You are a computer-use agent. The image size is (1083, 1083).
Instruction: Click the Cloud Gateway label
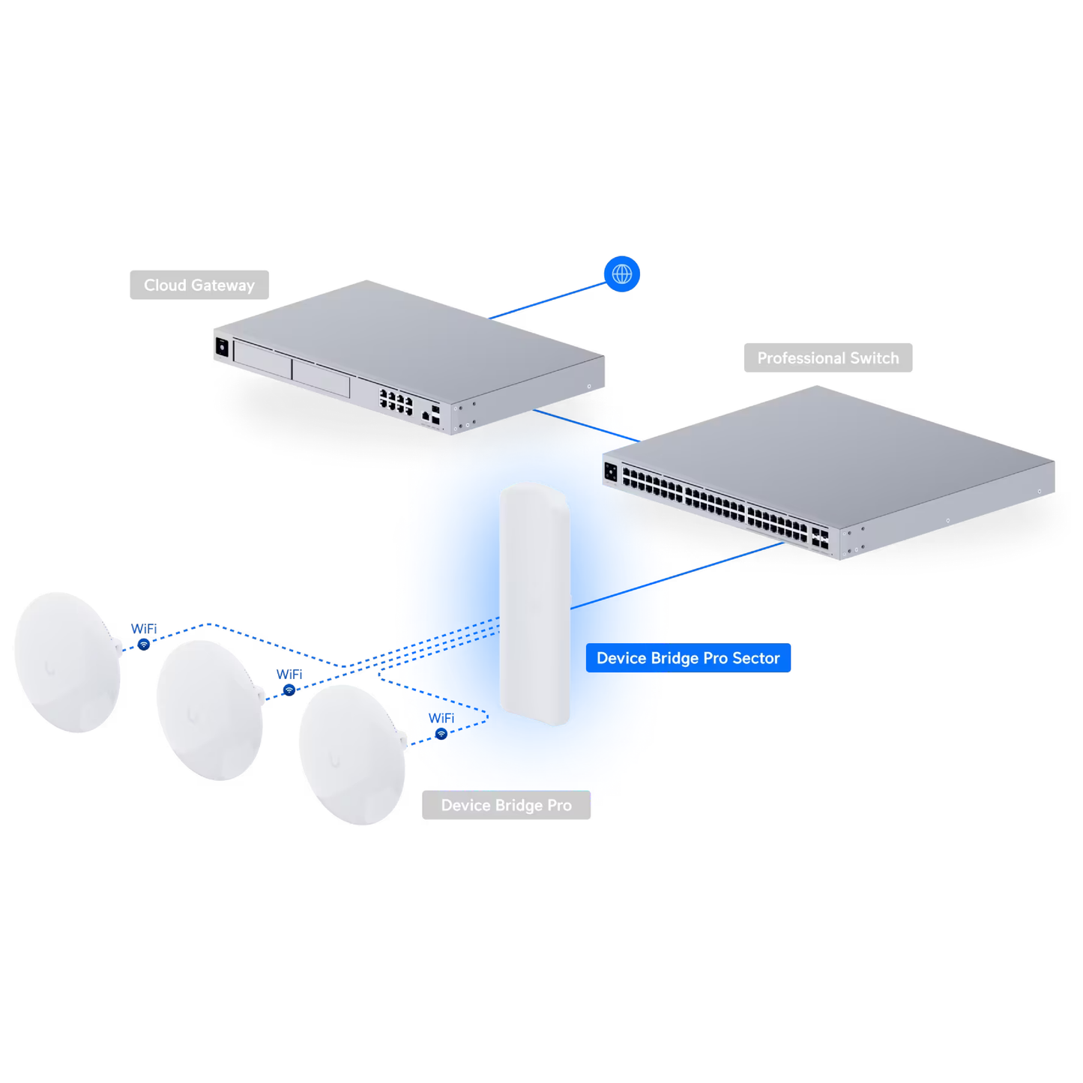(x=199, y=285)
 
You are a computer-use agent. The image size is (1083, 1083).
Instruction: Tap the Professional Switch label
(x=827, y=358)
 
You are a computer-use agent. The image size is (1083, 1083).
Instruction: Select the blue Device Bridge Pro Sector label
(x=687, y=657)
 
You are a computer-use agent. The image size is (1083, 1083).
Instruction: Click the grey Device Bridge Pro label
(x=506, y=805)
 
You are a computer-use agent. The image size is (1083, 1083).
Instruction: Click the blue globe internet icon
(x=621, y=274)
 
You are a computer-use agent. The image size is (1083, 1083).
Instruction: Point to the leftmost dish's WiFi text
(x=144, y=629)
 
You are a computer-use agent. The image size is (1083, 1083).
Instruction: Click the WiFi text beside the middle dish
(x=289, y=675)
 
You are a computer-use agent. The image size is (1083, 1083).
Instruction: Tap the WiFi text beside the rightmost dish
(x=441, y=718)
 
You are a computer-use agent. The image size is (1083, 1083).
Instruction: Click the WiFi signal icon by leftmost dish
(x=144, y=645)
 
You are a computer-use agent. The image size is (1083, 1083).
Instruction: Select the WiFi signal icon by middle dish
(x=289, y=690)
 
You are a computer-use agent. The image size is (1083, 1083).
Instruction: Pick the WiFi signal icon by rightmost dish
(x=441, y=734)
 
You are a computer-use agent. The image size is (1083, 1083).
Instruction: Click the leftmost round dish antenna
(x=67, y=662)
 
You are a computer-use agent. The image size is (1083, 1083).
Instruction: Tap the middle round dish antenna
(x=210, y=710)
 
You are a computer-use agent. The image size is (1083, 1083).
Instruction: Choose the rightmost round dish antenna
(x=352, y=754)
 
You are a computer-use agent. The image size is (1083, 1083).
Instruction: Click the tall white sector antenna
(x=534, y=603)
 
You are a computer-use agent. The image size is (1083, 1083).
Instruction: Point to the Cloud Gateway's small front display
(x=222, y=347)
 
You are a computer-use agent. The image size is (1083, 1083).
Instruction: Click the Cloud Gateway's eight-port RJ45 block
(x=396, y=402)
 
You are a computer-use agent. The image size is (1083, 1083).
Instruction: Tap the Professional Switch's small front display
(x=611, y=472)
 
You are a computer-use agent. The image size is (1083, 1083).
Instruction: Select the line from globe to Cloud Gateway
(x=547, y=301)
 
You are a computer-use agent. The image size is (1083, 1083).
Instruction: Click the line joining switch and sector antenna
(x=675, y=576)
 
